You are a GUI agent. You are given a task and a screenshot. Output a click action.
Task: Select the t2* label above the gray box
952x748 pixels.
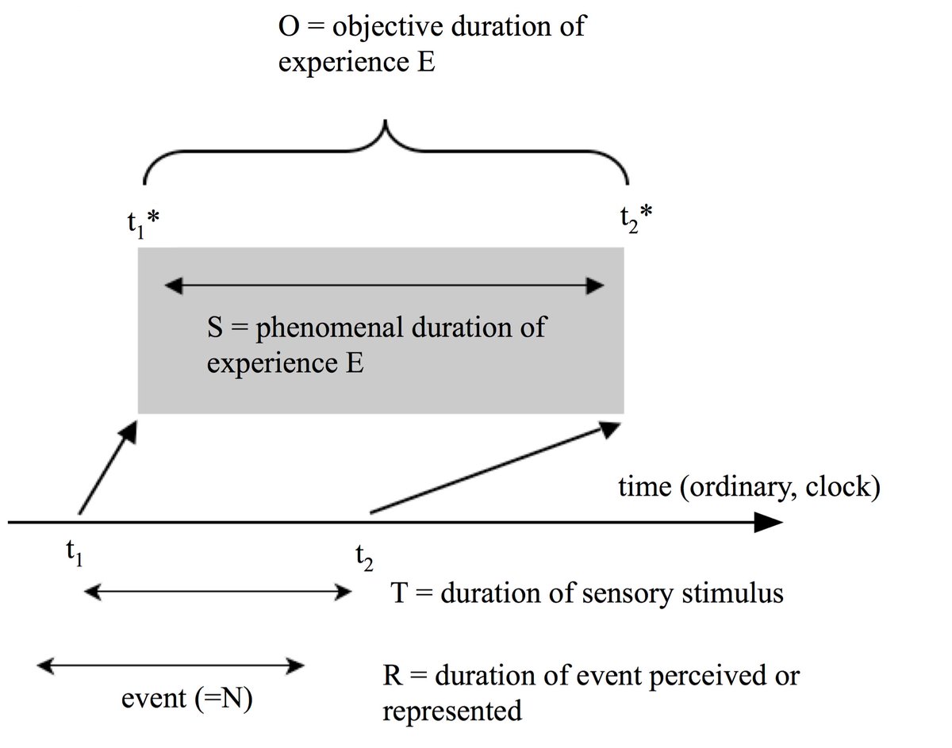click(x=636, y=220)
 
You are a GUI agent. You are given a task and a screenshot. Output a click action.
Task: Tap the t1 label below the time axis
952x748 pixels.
click(x=75, y=553)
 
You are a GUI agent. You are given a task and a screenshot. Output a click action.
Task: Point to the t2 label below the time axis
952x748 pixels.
click(x=364, y=558)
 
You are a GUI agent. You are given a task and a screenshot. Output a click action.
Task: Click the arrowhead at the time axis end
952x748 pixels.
click(x=769, y=522)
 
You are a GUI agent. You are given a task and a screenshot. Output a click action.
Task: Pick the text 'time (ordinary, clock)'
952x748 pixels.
click(x=750, y=487)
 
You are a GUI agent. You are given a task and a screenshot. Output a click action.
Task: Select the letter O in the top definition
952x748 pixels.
click(x=289, y=27)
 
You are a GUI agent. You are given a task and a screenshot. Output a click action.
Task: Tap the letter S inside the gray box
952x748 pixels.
click(x=215, y=328)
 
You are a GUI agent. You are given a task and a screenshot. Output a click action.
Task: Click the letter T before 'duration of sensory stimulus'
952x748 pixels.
click(x=399, y=593)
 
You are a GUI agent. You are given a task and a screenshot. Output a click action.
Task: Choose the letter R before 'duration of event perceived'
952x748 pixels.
click(x=393, y=676)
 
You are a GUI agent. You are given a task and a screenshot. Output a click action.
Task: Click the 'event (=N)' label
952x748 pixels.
click(x=187, y=699)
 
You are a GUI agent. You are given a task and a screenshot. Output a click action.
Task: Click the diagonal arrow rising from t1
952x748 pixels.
click(x=108, y=467)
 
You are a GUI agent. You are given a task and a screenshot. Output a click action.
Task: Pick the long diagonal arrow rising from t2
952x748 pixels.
click(x=496, y=467)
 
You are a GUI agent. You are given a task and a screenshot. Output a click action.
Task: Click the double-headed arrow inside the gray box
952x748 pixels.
click(x=385, y=286)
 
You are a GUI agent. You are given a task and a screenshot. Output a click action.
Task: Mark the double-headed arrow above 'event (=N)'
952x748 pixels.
click(x=171, y=666)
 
